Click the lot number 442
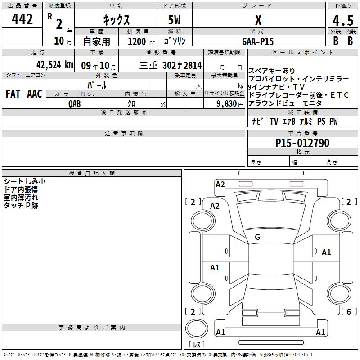tap(22, 19)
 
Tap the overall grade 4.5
tap(343, 20)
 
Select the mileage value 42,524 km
tap(54, 65)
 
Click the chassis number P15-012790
tap(302, 143)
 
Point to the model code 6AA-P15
tap(258, 41)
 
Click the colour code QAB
tap(74, 104)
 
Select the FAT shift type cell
tap(13, 94)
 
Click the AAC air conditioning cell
tap(35, 94)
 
